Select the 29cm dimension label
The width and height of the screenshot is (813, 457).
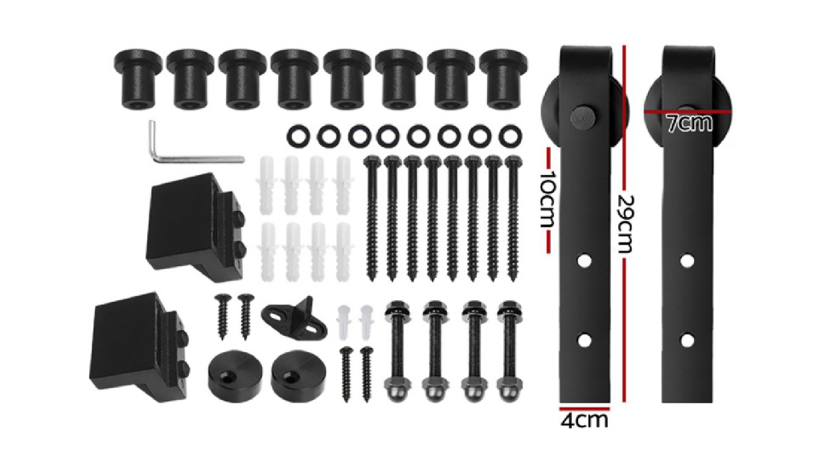(x=625, y=224)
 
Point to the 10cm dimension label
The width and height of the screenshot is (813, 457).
(x=547, y=199)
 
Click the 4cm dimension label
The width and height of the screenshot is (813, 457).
(x=584, y=421)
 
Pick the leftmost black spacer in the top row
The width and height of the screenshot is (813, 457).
(x=138, y=79)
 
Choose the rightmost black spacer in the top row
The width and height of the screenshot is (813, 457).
(x=503, y=79)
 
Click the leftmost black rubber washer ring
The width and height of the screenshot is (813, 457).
(x=298, y=137)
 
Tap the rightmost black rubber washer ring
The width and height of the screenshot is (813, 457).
(x=511, y=137)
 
